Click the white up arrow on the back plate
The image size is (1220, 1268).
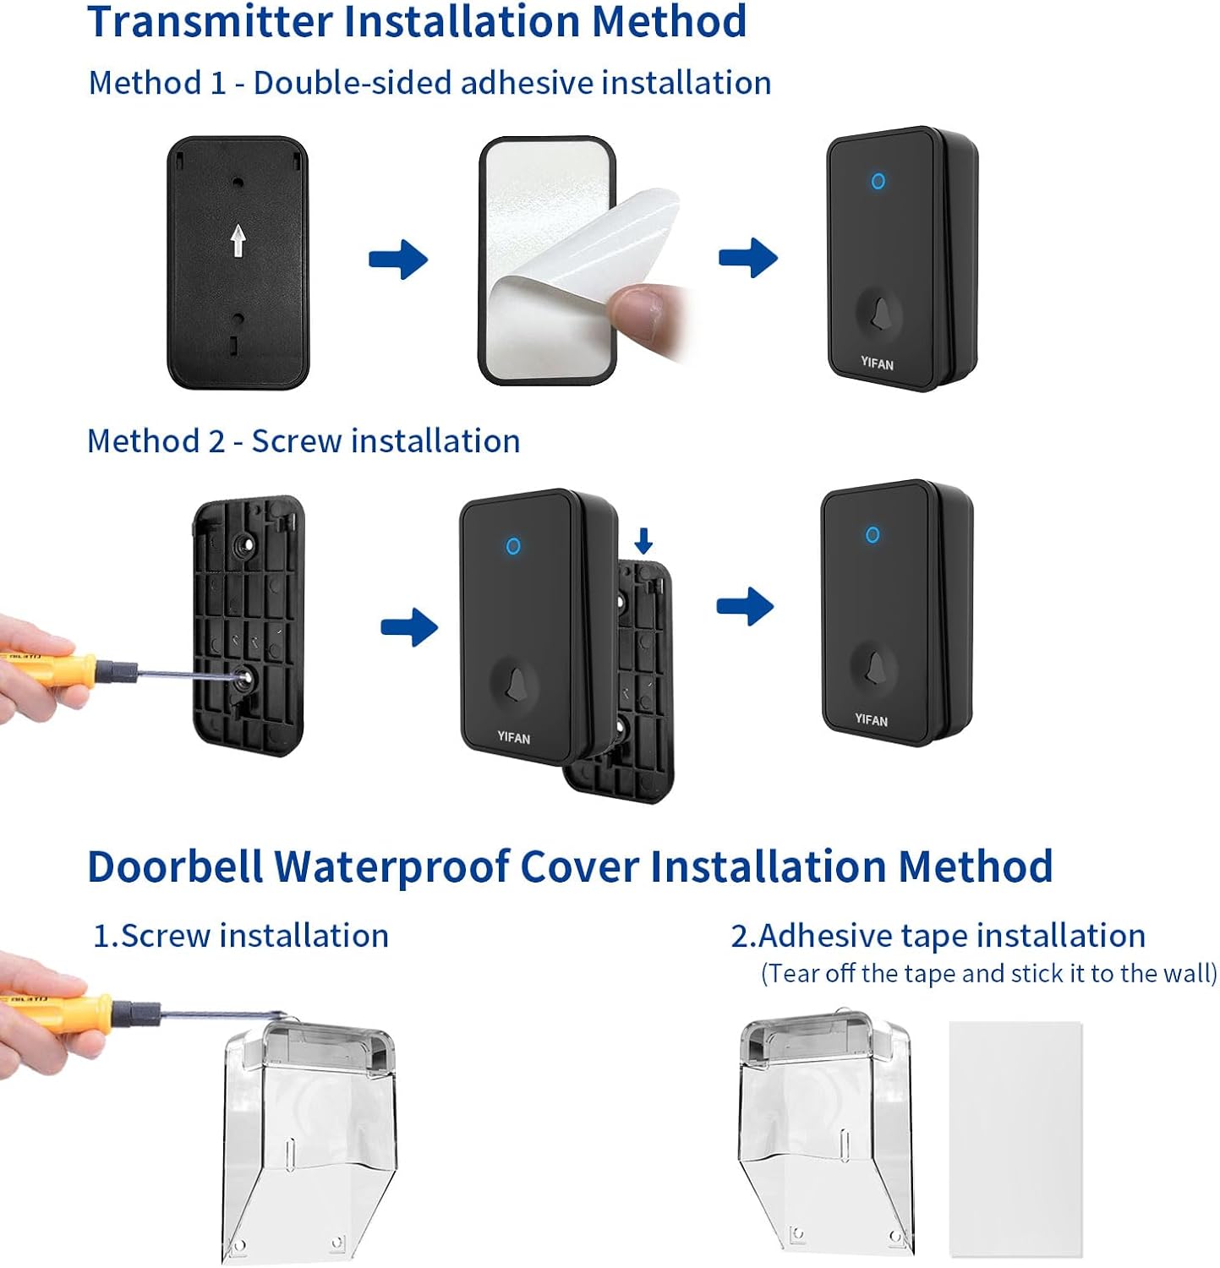pyautogui.click(x=238, y=240)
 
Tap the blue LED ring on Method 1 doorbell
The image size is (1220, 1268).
pyautogui.click(x=878, y=181)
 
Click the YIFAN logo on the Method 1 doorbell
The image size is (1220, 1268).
pyautogui.click(x=877, y=363)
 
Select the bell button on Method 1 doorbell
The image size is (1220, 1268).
pyautogui.click(x=879, y=313)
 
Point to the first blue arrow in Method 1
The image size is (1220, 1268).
pyautogui.click(x=398, y=259)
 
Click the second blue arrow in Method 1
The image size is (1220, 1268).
pyautogui.click(x=748, y=257)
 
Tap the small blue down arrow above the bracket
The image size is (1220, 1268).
pyautogui.click(x=643, y=540)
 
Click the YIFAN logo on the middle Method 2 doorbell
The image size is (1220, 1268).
pyautogui.click(x=513, y=737)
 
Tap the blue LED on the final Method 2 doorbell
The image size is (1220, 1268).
pyautogui.click(x=873, y=534)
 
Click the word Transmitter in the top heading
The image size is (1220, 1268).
pyautogui.click(x=211, y=21)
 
